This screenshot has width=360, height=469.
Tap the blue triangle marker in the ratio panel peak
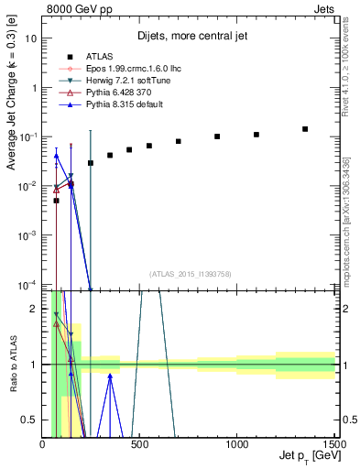110,376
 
